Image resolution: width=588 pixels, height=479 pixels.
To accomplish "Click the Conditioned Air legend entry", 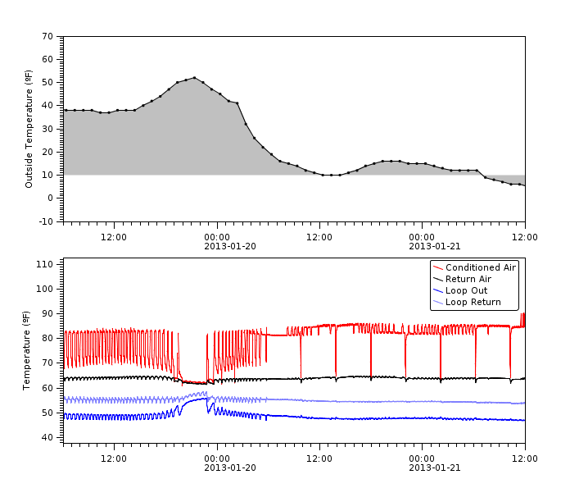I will click(481, 267).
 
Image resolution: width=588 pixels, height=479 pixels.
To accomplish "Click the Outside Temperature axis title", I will click(29, 129).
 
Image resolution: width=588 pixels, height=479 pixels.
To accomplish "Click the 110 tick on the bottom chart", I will click(45, 264).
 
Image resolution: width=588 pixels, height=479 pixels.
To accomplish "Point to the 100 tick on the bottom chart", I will click(45, 289).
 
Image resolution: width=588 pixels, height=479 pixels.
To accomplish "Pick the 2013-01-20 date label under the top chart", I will click(216, 246).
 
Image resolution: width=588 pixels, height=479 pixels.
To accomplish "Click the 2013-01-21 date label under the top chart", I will click(422, 246).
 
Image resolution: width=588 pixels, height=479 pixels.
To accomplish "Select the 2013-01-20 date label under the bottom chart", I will click(216, 468).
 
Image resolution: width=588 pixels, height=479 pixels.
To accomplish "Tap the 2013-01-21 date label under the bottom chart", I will click(422, 468).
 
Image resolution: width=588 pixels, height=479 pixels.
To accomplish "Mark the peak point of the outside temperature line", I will click(194, 78).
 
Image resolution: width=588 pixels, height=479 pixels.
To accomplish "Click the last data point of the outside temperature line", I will click(524, 185).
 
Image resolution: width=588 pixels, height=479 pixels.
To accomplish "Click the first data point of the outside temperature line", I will click(65, 110).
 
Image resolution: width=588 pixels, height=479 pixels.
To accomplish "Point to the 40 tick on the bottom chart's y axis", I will click(47, 437).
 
